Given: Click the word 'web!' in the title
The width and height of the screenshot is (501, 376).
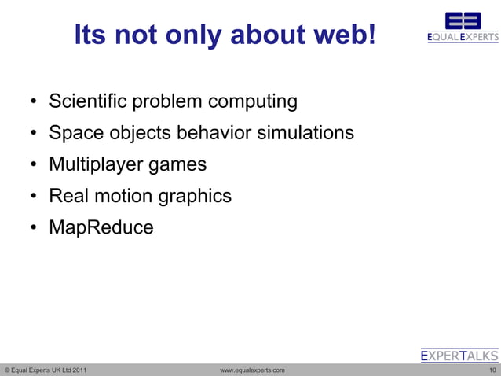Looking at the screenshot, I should click(341, 35).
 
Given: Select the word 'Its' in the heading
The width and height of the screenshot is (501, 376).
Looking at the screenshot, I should click(90, 35).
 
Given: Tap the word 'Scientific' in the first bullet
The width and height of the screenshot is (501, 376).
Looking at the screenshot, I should click(87, 101).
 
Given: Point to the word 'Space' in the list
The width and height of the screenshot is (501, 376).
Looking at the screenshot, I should click(75, 133).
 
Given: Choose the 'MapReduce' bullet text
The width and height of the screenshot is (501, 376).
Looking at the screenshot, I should click(101, 228).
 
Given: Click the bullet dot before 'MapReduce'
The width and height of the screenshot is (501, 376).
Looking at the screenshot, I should click(35, 229).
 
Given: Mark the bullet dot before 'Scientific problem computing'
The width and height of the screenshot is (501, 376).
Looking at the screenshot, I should click(35, 102).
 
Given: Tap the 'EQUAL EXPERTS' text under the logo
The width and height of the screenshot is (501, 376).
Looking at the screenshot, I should click(463, 37).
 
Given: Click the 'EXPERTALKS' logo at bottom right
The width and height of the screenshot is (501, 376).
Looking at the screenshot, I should click(459, 356).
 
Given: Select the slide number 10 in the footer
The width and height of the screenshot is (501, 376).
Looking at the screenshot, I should click(492, 370).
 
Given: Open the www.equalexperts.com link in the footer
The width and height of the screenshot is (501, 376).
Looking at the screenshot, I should click(252, 370).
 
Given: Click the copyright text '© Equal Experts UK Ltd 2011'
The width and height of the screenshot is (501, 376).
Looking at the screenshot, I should click(46, 370).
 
